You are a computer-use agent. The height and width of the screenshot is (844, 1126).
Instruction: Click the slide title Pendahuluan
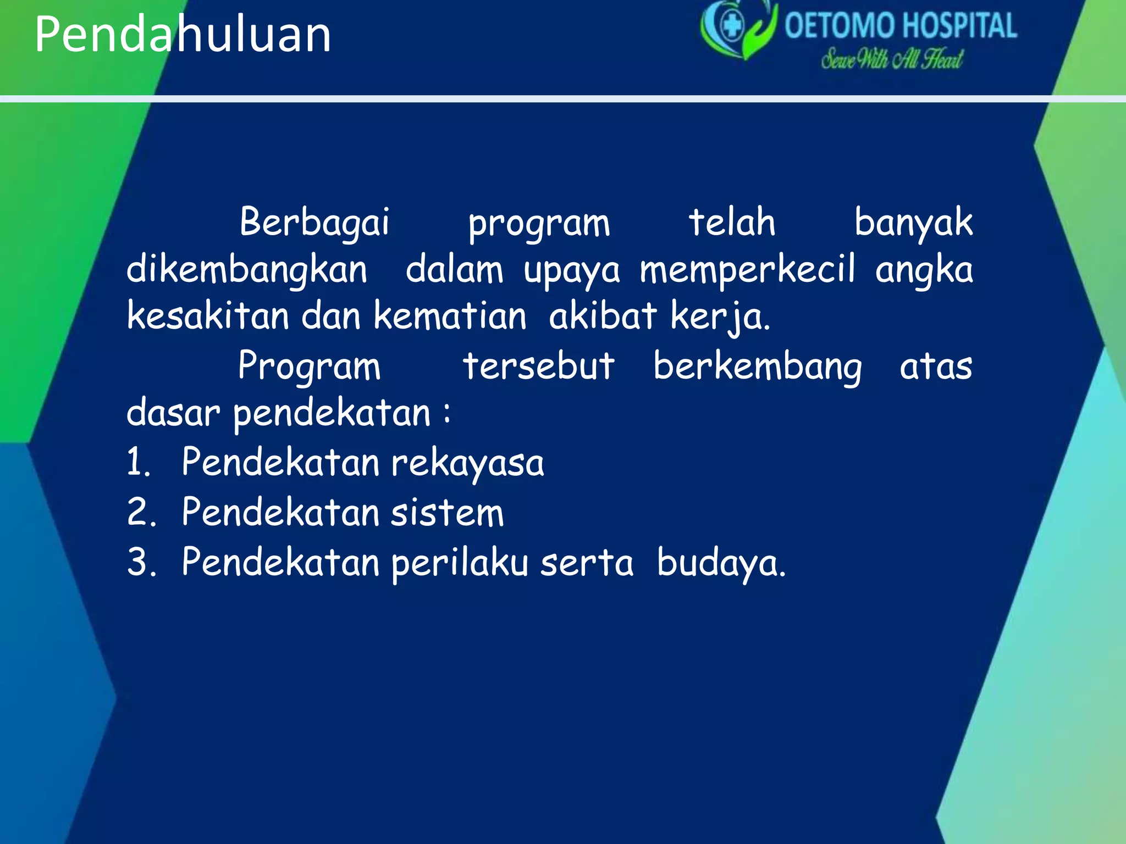click(183, 34)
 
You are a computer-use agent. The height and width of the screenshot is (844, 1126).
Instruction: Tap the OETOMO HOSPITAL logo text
click(900, 26)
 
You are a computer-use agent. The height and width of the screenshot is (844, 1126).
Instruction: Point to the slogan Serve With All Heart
click(891, 59)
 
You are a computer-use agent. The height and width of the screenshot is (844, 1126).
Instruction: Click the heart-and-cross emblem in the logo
click(737, 27)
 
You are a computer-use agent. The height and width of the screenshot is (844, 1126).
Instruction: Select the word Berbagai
click(314, 223)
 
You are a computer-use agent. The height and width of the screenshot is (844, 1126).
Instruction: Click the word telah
click(732, 223)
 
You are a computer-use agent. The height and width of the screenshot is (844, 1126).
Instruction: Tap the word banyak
click(913, 223)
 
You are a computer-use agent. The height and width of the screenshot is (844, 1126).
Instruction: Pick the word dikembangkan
click(247, 270)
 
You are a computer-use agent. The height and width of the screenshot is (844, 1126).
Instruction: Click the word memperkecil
click(747, 270)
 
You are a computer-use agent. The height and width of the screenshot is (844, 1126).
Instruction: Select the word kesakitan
click(208, 316)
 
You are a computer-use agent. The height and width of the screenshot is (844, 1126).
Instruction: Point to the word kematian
click(450, 316)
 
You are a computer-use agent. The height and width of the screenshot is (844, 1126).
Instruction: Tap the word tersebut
click(538, 366)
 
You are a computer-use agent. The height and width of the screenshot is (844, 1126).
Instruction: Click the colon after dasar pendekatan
click(448, 413)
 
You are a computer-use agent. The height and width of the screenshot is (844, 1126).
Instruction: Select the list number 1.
click(137, 462)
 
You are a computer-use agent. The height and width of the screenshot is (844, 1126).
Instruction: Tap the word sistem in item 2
click(447, 512)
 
